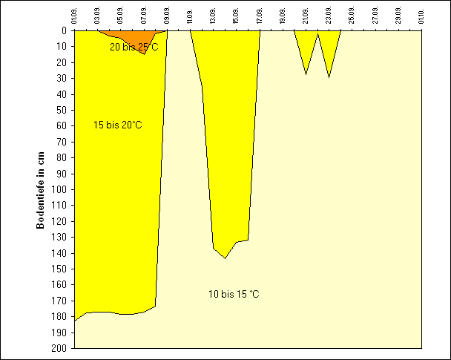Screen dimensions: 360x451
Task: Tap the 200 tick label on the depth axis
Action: coord(62,347)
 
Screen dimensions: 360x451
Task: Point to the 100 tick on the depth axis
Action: coord(62,189)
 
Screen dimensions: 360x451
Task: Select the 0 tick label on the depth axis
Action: coord(66,31)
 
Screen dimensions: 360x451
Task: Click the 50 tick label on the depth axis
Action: coord(65,110)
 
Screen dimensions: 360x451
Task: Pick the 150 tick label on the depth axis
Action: coord(62,269)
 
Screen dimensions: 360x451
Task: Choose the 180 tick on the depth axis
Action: coord(62,316)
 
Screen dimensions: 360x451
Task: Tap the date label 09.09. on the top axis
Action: coord(168,15)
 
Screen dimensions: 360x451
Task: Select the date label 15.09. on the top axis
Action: coord(237,15)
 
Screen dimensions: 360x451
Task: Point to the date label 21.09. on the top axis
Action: coord(306,15)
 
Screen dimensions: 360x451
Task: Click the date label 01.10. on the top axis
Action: coord(421,15)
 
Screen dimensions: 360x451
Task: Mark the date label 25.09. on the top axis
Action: coord(352,15)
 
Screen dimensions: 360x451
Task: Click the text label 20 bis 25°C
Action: coord(134,47)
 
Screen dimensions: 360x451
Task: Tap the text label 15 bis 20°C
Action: coord(117,125)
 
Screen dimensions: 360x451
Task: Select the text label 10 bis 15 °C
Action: coord(234,295)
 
